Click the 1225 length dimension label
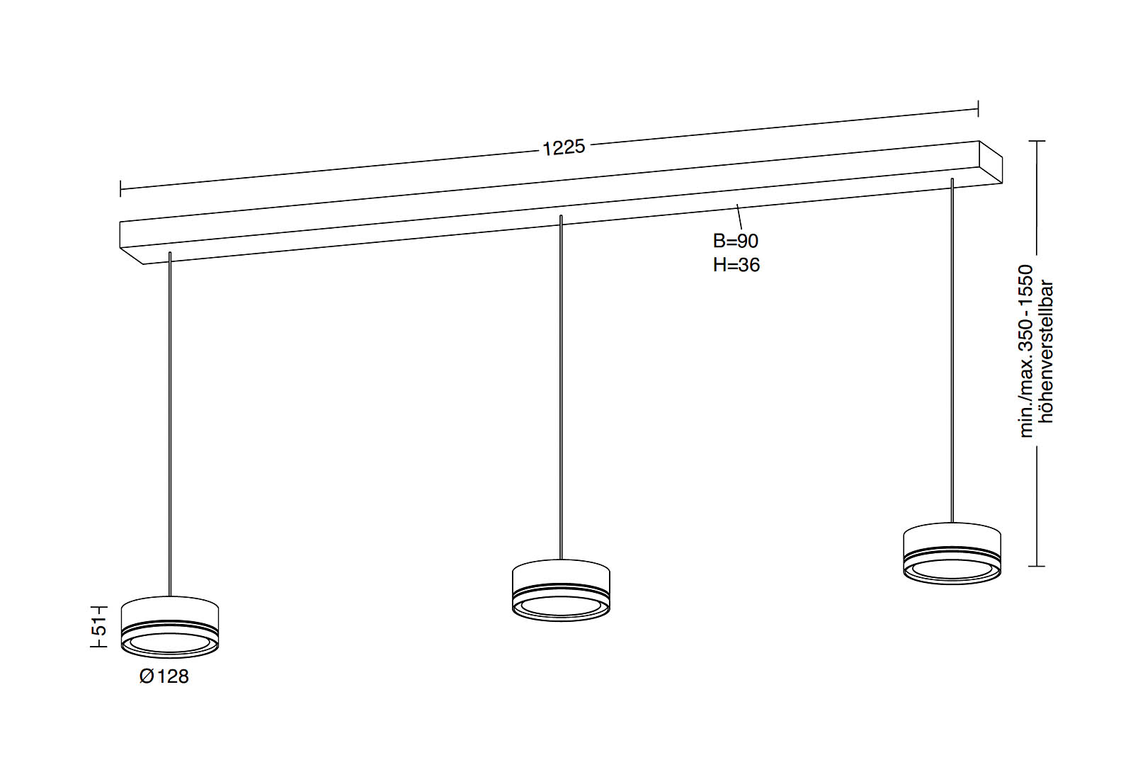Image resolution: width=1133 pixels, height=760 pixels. [x=564, y=147]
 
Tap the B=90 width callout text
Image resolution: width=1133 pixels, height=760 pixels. [x=735, y=241]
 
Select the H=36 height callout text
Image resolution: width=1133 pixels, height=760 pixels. [x=736, y=265]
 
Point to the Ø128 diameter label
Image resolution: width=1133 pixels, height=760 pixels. [x=164, y=676]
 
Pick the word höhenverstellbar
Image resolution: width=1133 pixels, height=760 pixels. [x=1046, y=352]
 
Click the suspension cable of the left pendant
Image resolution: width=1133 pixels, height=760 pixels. [x=170, y=425]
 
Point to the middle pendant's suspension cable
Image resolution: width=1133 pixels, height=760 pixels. [x=561, y=390]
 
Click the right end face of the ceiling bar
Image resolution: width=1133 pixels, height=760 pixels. [x=991, y=162]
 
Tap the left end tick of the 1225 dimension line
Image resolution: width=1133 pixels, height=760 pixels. [x=121, y=188]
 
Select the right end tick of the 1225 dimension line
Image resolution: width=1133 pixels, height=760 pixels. [x=978, y=108]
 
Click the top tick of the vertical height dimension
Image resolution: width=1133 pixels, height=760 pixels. [x=1037, y=142]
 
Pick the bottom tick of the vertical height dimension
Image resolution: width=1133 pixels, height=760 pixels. [x=1037, y=566]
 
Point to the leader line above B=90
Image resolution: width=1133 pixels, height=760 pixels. [x=739, y=217]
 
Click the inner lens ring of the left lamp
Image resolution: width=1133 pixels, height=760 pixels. [x=170, y=643]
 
